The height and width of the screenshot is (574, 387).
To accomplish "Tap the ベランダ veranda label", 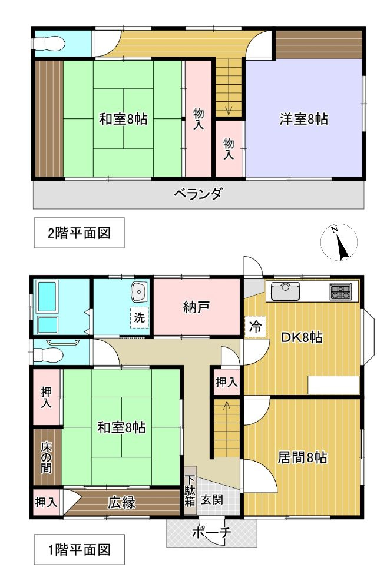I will [198, 194].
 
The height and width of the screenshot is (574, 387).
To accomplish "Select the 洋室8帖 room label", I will [303, 120].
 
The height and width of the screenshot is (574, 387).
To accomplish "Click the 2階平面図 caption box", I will [79, 233].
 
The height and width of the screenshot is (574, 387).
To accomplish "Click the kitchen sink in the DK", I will [286, 290].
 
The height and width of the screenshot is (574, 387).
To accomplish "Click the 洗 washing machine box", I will [138, 317].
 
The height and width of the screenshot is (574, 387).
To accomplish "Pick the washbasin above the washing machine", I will [140, 291].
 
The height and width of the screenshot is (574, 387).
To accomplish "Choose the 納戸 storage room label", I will [197, 307].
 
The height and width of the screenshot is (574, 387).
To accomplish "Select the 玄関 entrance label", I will [211, 499].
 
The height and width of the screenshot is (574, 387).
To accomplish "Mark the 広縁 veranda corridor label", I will [121, 503].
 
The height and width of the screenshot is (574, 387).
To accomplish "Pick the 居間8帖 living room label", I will [303, 457].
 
